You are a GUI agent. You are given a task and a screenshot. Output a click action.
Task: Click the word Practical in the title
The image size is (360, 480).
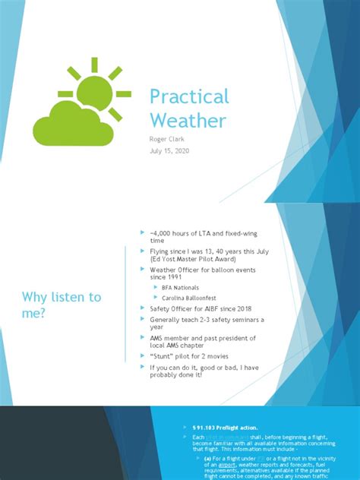tap(188, 96)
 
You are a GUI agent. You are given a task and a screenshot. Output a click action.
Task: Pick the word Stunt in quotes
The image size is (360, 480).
tap(166, 355)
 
